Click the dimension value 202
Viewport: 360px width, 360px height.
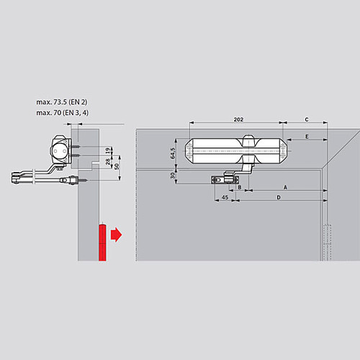click(234, 119)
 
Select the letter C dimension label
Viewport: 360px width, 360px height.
click(306, 119)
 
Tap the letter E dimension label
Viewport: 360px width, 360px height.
click(306, 136)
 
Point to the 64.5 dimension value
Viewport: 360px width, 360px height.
click(174, 153)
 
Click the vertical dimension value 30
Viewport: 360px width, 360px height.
click(174, 175)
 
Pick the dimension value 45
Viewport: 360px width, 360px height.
click(225, 197)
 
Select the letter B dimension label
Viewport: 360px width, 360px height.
click(239, 187)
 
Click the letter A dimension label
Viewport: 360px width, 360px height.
click(285, 186)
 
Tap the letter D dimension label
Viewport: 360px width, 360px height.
click(279, 197)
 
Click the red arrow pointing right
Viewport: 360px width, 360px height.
click(115, 235)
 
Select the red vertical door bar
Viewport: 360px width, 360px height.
click(102, 242)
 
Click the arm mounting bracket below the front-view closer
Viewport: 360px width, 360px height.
click(224, 180)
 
